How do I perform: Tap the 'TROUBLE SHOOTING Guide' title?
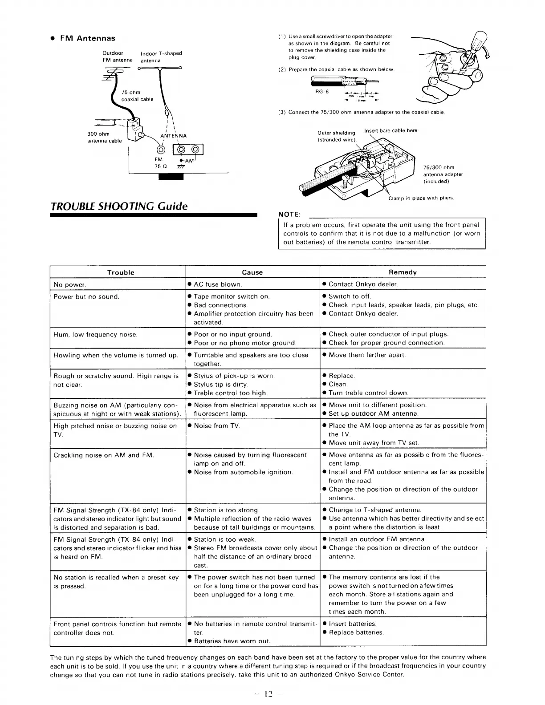coord(119,206)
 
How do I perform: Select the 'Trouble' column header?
coord(120,272)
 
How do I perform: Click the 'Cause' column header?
coord(252,272)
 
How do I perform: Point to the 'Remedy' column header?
coord(403,272)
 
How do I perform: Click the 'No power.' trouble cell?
coord(70,284)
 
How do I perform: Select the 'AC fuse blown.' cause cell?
coord(218,284)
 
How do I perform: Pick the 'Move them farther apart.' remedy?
coord(367,355)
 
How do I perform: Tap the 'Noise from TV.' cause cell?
coord(217,426)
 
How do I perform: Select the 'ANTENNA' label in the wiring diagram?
coord(173,136)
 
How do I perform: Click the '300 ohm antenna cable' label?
coord(104,137)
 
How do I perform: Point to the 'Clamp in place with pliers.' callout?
coord(421,198)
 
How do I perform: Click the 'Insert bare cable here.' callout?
coord(391,130)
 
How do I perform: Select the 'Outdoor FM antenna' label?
coord(117,57)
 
